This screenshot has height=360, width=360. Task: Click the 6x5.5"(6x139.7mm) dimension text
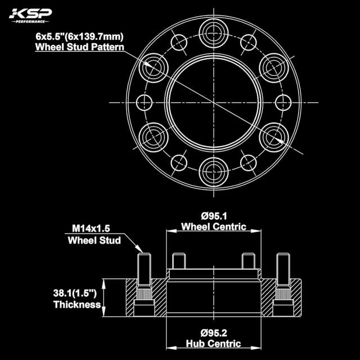point(79,37)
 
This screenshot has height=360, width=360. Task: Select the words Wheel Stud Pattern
point(80,47)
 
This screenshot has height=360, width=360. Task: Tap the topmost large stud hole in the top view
point(214,31)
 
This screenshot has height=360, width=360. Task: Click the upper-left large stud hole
point(154,66)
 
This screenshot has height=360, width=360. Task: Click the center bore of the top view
point(214,102)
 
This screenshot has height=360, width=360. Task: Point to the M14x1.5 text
point(91,229)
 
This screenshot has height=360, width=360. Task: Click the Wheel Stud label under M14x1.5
point(94,240)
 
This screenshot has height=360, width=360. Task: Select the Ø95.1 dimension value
point(214,216)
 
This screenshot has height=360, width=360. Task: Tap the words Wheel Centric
point(214,227)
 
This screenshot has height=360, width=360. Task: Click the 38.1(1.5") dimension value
point(75,294)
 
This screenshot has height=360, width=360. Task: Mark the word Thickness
point(76,305)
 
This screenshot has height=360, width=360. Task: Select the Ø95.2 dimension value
point(214,332)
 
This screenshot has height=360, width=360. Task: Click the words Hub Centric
point(214,343)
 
